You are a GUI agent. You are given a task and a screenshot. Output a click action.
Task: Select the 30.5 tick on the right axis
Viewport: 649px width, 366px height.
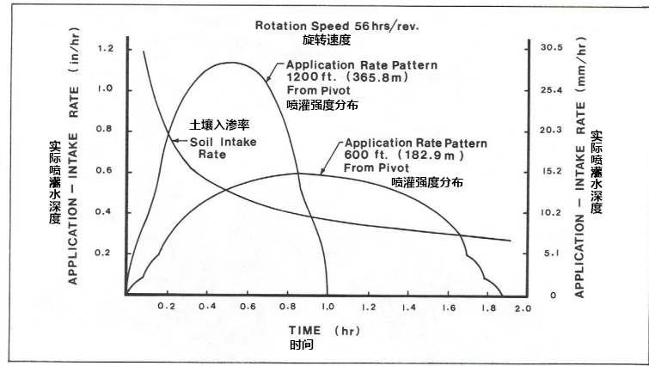pyautogui.click(x=548, y=48)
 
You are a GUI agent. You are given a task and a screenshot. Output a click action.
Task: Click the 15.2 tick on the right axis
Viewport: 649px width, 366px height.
pyautogui.click(x=548, y=171)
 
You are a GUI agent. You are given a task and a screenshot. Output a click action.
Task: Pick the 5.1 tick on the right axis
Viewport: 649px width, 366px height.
pyautogui.click(x=548, y=253)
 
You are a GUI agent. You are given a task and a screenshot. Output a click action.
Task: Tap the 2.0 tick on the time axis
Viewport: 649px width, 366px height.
pyautogui.click(x=523, y=307)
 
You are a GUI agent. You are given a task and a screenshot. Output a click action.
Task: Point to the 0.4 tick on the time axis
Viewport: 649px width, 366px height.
pyautogui.click(x=205, y=307)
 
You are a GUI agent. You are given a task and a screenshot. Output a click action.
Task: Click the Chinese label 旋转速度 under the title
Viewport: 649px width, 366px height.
pyautogui.click(x=327, y=40)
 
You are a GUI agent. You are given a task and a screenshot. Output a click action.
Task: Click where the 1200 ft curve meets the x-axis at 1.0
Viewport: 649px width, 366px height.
pyautogui.click(x=328, y=295)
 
